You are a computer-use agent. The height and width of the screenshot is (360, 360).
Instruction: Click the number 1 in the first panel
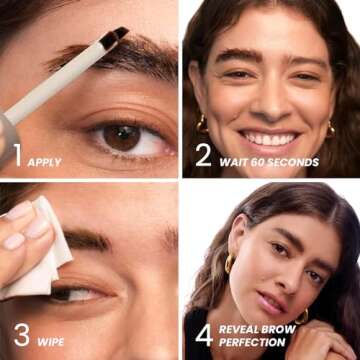point(16,154)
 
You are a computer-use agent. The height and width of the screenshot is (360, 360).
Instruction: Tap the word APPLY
point(44,162)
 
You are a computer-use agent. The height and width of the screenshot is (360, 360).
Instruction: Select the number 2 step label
point(203,154)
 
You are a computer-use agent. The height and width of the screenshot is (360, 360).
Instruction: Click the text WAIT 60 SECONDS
point(270,162)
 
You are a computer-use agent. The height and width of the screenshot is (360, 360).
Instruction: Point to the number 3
point(21,336)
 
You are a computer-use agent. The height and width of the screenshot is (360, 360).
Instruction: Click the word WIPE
point(52,342)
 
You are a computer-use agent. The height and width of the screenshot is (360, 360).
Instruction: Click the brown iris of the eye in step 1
point(122,137)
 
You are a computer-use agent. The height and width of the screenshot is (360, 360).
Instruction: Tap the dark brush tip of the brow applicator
point(115,35)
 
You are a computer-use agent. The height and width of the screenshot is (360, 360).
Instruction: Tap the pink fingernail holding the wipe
point(16,211)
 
